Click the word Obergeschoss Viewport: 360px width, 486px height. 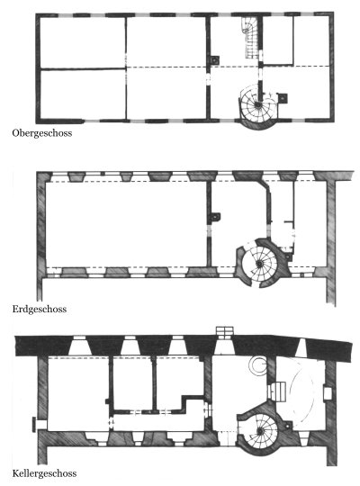click(x=42, y=133)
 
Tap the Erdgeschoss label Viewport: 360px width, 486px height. click(x=40, y=309)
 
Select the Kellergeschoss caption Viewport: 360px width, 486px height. click(x=44, y=473)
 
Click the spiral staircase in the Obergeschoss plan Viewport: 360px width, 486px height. click(x=257, y=104)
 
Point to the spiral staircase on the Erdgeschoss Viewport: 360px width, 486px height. click(x=259, y=264)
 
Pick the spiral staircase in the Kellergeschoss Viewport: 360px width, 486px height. click(x=260, y=430)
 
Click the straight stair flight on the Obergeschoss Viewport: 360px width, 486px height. click(x=251, y=37)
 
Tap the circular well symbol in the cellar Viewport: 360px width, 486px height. click(x=258, y=365)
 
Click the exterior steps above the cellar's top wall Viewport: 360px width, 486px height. click(x=225, y=330)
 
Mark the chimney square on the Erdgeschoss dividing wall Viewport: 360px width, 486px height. click(x=215, y=217)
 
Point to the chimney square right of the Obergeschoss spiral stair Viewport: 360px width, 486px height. click(x=283, y=98)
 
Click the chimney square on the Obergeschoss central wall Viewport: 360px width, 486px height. click(x=214, y=60)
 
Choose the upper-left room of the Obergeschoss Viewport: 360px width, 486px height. click(x=83, y=42)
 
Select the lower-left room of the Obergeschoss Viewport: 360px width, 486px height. click(x=83, y=94)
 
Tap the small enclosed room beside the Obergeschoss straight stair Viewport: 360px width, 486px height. click(x=278, y=40)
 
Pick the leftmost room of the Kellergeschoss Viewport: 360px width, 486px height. click(x=77, y=393)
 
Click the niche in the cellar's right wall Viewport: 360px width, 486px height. click(x=328, y=393)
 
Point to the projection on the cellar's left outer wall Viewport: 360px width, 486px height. click(x=35, y=425)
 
